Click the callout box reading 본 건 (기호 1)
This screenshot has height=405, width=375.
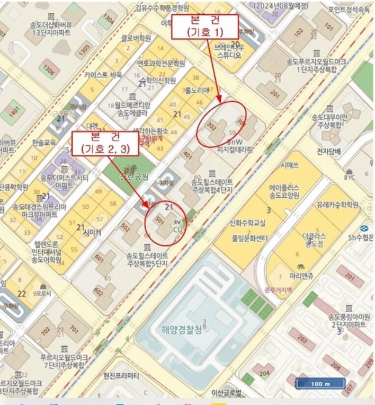[205, 25]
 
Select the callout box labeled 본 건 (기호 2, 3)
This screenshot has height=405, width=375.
[105, 143]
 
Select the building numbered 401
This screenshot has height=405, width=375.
[187, 155]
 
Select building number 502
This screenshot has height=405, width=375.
[125, 227]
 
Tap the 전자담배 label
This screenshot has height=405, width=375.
[329, 151]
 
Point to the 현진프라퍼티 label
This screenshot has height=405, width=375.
[121, 376]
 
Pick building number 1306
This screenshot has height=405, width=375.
[49, 69]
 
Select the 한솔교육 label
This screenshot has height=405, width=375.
[43, 143]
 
